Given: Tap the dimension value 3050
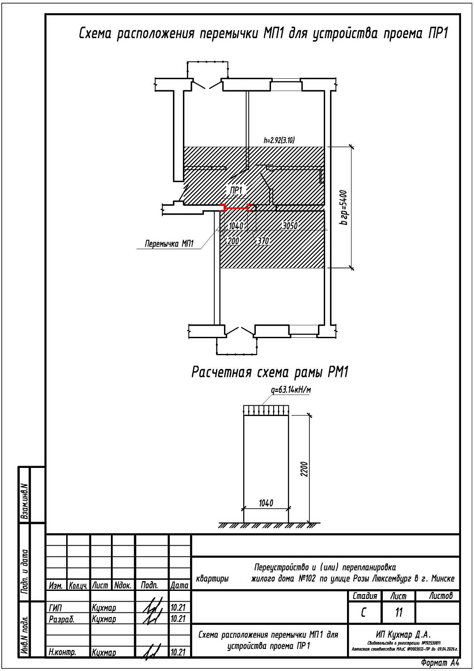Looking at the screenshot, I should [290, 226].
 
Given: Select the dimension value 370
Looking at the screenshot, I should [263, 241].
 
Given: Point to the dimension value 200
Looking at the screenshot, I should [233, 241].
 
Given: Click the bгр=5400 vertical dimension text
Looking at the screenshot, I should [343, 208].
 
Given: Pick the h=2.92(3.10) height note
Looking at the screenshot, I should [279, 140].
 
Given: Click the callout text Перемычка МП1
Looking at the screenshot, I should [169, 244].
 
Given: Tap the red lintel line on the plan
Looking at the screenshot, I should [236, 208].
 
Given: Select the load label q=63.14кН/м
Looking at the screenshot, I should [291, 390].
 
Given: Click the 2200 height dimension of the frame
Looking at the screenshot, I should [305, 469].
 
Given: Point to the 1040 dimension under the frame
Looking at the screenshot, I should [266, 503].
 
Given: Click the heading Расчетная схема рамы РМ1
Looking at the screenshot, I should [270, 372].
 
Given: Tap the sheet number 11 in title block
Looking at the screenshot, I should [398, 612].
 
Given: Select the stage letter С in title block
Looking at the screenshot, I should [364, 612].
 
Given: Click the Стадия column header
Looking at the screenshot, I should [365, 596].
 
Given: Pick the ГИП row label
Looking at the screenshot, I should [55, 608].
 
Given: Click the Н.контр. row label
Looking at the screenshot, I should [62, 652].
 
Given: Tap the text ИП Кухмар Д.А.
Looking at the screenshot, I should [403, 634].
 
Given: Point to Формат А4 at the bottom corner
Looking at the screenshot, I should [440, 663].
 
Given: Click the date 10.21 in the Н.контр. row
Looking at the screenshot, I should [178, 652].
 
